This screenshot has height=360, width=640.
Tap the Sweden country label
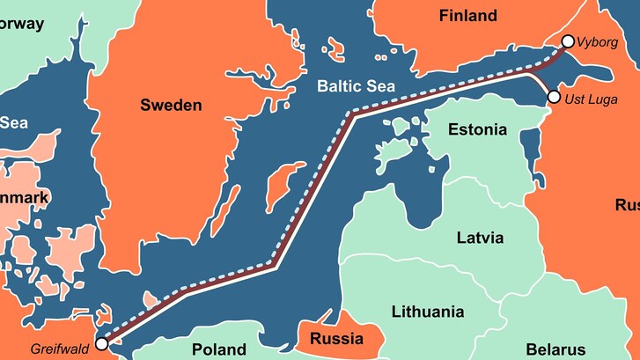(171, 106)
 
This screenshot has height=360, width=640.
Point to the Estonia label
(477, 130)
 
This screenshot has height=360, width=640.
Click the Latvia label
(480, 238)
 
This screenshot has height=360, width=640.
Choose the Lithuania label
(428, 312)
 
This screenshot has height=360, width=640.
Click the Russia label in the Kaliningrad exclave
(338, 339)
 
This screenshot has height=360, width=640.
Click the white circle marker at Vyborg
(568, 41)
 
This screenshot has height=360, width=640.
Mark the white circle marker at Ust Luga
(554, 97)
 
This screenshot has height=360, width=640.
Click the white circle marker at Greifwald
(102, 343)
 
